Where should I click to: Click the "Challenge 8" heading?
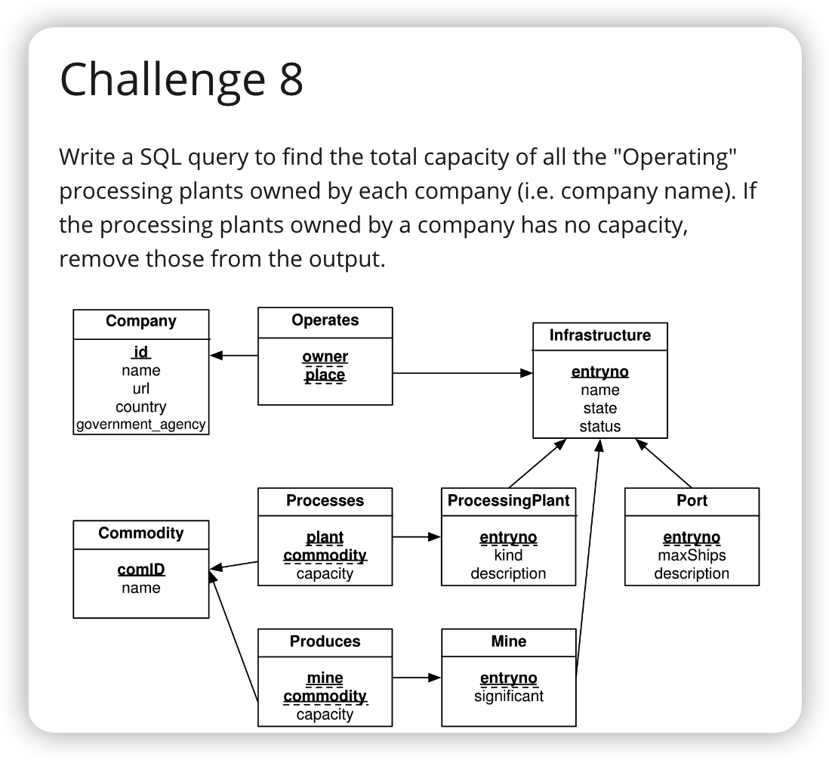tap(181, 79)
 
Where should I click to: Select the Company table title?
tap(141, 321)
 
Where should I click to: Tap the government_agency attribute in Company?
tap(141, 424)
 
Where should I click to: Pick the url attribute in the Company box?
tap(141, 388)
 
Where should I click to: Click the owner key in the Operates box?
tap(325, 357)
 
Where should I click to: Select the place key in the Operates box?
tap(325, 375)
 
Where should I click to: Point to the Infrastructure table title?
tap(599, 335)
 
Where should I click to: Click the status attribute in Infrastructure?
tap(599, 426)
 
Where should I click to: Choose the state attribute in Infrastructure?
tap(599, 408)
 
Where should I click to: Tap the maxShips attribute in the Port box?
tap(692, 555)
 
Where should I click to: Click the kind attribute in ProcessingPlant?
tap(508, 555)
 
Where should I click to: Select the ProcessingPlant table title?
tap(508, 501)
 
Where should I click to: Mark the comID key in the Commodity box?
tap(141, 570)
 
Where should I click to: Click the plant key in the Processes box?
tap(325, 537)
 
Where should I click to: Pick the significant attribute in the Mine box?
tap(508, 696)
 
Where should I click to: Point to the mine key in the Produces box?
tap(325, 678)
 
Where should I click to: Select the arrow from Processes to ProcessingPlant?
tap(417, 537)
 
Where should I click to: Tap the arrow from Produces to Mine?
tap(417, 678)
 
